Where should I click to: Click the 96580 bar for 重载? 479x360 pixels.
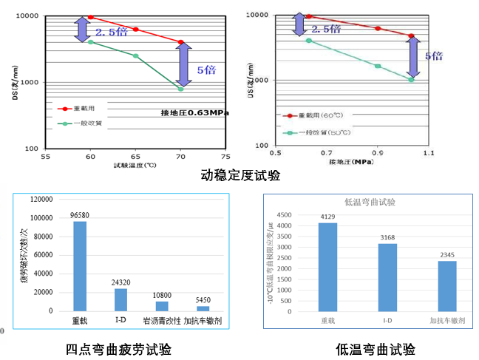[x=79, y=266]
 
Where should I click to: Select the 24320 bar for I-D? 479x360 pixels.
[x=120, y=299]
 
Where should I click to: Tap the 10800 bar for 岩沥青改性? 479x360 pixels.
[x=162, y=306]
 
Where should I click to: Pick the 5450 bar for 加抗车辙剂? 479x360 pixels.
[x=203, y=308]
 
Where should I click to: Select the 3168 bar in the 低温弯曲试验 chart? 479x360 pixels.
[x=387, y=275]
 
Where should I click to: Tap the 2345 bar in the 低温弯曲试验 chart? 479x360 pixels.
[x=447, y=285]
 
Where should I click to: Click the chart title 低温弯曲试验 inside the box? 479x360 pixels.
[x=370, y=202]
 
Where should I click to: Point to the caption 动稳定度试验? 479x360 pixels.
[x=240, y=176]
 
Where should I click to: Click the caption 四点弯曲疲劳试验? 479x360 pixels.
[x=118, y=349]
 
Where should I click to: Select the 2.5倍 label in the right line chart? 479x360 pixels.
[x=326, y=29]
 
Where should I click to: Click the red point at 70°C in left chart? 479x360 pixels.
[x=181, y=42]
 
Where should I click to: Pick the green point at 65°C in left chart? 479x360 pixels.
[x=136, y=56]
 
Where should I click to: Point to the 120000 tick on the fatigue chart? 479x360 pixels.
[x=41, y=200]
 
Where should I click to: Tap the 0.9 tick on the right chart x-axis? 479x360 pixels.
[x=378, y=152]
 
